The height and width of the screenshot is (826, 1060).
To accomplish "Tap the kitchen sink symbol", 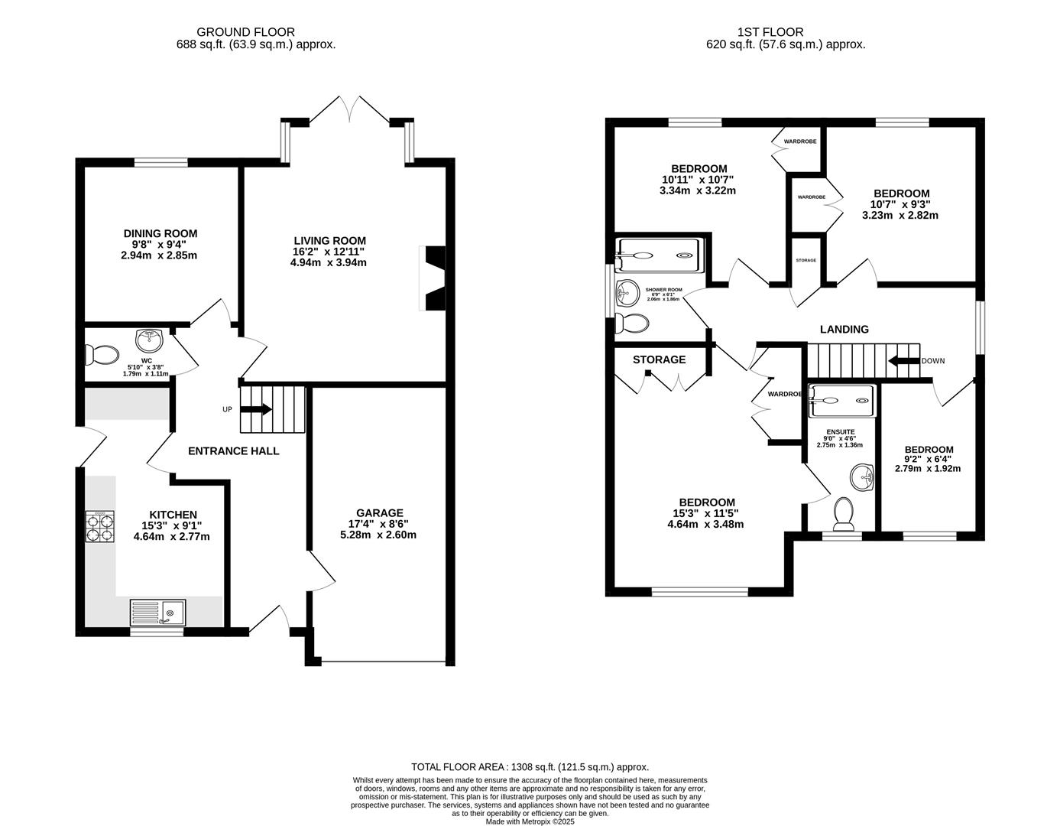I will click(x=157, y=612).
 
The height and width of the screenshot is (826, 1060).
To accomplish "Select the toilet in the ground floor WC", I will click(x=102, y=355).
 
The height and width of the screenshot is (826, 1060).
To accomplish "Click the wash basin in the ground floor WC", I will click(x=148, y=338).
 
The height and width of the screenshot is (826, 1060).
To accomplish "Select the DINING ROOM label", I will click(x=160, y=234).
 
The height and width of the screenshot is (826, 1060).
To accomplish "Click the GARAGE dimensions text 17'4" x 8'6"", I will click(x=379, y=524).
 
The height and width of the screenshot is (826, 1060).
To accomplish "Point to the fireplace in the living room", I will click(x=433, y=278).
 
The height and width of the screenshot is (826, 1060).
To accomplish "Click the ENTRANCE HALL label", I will click(x=233, y=451).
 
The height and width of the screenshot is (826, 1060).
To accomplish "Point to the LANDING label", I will click(x=844, y=330).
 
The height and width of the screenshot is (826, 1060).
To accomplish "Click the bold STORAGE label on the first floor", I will click(x=659, y=359).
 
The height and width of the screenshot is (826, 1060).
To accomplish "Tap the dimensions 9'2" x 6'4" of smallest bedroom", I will click(x=929, y=459).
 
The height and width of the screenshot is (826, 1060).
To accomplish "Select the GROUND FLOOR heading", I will click(x=235, y=32).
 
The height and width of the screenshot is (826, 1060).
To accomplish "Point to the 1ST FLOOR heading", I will click(x=770, y=32).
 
